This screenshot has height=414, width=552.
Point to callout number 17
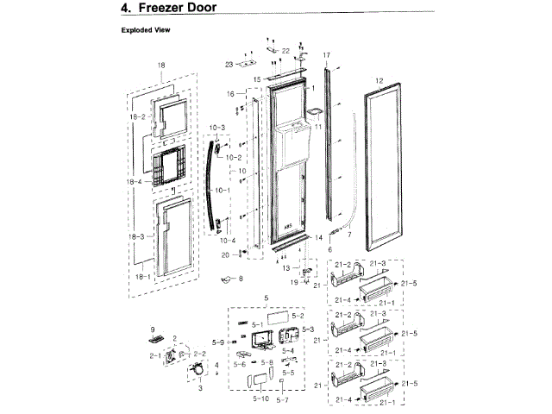point(327,56)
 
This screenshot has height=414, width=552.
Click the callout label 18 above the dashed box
point(160,67)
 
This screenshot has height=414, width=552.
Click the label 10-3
point(216,128)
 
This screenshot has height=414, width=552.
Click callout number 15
point(256,79)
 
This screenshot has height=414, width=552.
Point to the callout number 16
point(230,93)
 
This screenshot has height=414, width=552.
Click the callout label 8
point(241,279)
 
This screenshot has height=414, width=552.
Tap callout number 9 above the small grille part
point(152,329)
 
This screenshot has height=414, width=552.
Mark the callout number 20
point(224,255)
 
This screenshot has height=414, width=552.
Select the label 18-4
point(135,182)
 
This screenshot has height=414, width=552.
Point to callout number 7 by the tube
point(349,234)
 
